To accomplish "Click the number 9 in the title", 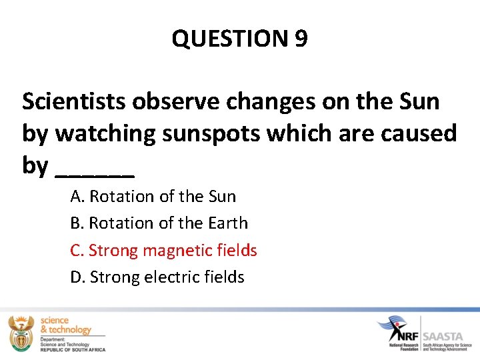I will (300, 39).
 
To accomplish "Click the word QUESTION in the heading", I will (229, 39).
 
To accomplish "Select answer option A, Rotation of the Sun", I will (153, 197).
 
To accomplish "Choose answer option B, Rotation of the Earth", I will (159, 223).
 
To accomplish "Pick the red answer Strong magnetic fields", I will (163, 251).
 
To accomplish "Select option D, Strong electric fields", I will (157, 277).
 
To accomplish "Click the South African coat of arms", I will (20, 332).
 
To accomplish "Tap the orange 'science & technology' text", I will (65, 325).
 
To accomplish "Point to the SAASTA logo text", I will (449, 328).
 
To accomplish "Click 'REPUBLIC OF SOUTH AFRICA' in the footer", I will (73, 349).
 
